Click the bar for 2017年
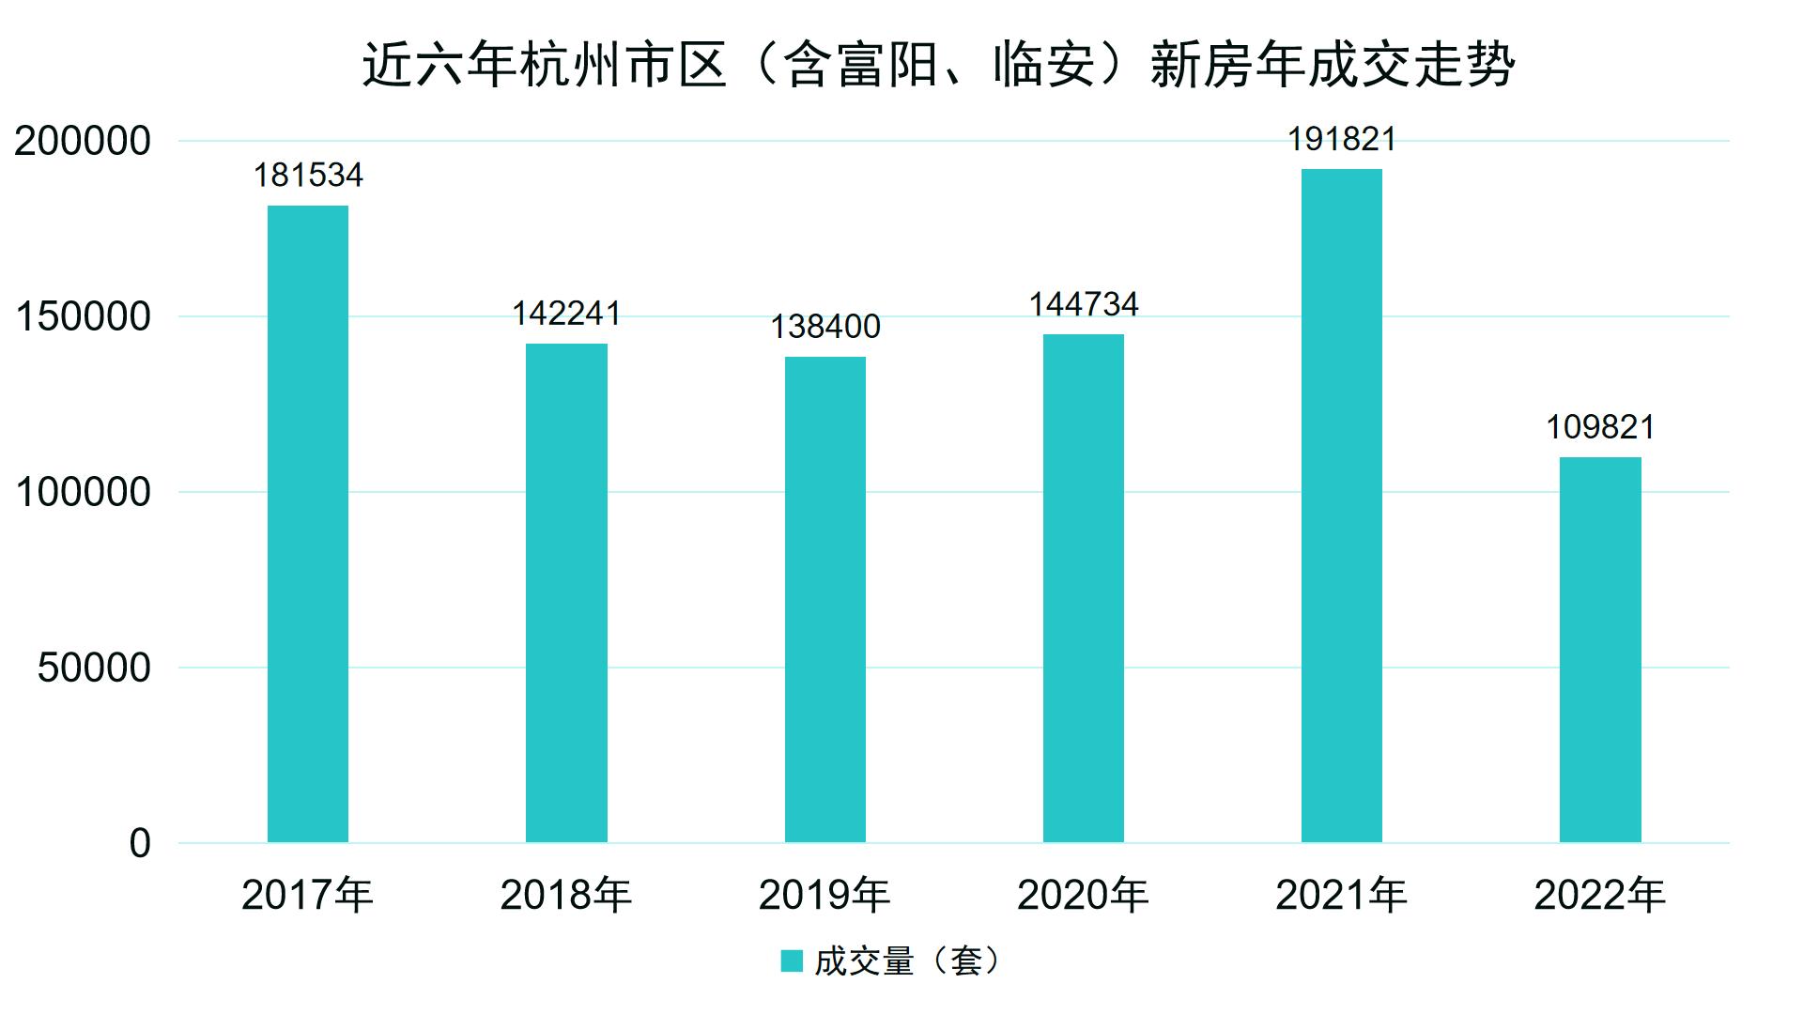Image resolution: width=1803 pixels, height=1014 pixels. pyautogui.click(x=308, y=524)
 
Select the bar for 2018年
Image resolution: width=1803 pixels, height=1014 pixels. pyautogui.click(x=566, y=592)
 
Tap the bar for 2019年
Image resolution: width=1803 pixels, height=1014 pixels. pyautogui.click(x=825, y=599)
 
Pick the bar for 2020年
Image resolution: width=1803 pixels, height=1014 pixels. pyautogui.click(x=1084, y=588)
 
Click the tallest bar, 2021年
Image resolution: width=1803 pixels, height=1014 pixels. pyautogui.click(x=1342, y=505)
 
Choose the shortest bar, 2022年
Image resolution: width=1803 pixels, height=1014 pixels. pyautogui.click(x=1600, y=650)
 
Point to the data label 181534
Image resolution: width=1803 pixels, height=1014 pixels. pyautogui.click(x=308, y=176)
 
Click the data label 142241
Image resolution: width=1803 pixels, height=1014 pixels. pyautogui.click(x=566, y=314)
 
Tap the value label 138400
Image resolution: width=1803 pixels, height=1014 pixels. pyautogui.click(x=825, y=327)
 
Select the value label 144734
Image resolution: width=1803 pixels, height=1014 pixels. pyautogui.click(x=1084, y=304)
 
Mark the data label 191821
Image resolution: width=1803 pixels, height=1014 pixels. pyautogui.click(x=1342, y=140)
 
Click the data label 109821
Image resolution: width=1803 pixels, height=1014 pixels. pyautogui.click(x=1600, y=427)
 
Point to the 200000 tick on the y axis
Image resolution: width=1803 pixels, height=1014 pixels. pyautogui.click(x=83, y=142)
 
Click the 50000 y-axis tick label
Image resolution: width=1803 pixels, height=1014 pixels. pyautogui.click(x=94, y=668)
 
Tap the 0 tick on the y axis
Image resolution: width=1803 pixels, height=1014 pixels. pyautogui.click(x=140, y=844)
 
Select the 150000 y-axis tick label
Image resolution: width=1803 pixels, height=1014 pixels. pyautogui.click(x=83, y=317)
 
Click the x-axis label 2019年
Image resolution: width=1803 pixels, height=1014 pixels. pyautogui.click(x=824, y=896)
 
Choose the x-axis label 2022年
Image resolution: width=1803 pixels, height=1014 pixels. pyautogui.click(x=1599, y=896)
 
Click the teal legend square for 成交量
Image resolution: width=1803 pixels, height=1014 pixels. pyautogui.click(x=792, y=961)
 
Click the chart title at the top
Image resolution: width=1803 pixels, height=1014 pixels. pyautogui.click(x=938, y=66)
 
